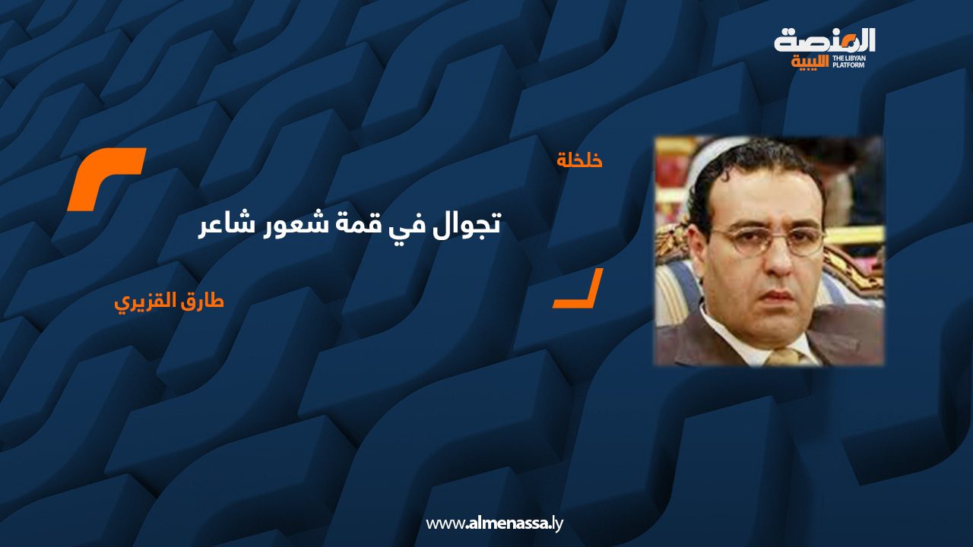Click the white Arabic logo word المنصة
[x=825, y=41]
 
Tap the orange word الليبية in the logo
[x=810, y=62]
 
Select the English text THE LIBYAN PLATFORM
[x=848, y=62]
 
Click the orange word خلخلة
[x=580, y=160]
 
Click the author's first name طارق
[x=206, y=300]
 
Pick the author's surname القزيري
[x=150, y=302]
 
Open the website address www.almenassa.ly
[x=494, y=523]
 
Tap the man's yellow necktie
[x=784, y=357]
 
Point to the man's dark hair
[x=756, y=165]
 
